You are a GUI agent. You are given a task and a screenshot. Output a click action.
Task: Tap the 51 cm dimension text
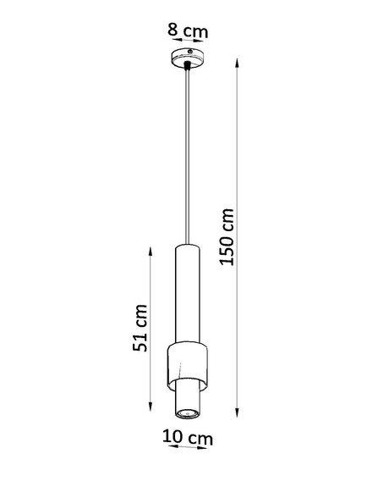click(x=143, y=328)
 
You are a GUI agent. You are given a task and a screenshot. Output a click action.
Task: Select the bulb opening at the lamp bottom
click(x=187, y=412)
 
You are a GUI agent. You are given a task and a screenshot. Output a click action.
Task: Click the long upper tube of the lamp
click(x=186, y=292)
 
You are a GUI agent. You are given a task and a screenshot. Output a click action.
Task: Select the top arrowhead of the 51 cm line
click(x=150, y=249)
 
